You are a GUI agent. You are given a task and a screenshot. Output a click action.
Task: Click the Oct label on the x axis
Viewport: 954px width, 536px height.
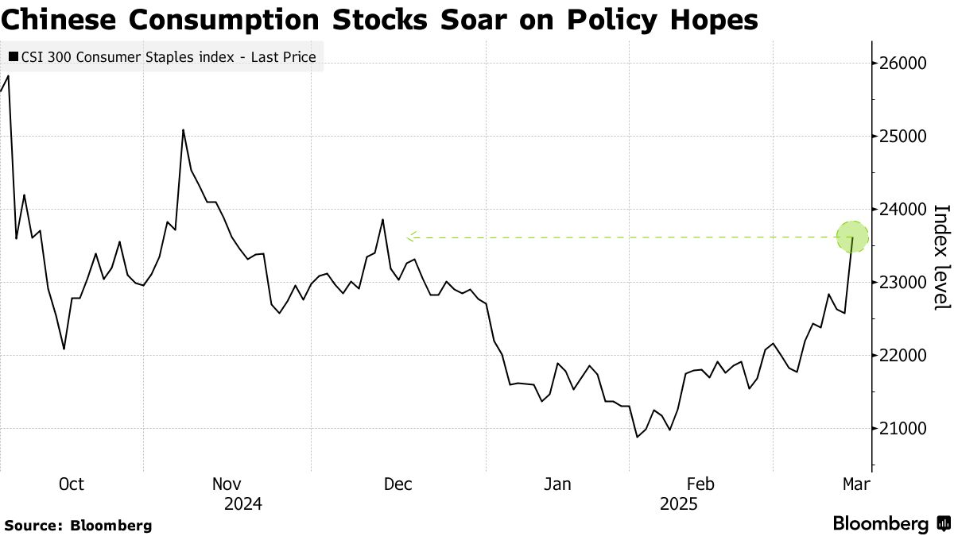coord(72,484)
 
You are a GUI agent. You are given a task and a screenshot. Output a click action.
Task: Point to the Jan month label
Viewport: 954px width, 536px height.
coord(557,484)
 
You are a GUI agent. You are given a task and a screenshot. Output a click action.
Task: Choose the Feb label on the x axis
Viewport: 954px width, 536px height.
coord(700,484)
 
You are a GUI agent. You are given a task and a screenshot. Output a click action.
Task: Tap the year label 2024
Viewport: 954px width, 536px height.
coord(243,504)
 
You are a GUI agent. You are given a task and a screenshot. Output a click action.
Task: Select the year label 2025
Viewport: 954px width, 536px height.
coord(678,504)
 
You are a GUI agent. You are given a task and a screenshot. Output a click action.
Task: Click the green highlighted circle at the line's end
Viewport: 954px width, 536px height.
coord(853,237)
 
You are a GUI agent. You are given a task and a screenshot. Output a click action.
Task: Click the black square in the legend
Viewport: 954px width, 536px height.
coord(14,57)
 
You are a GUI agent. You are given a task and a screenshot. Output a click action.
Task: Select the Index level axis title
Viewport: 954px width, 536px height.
coord(941,257)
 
